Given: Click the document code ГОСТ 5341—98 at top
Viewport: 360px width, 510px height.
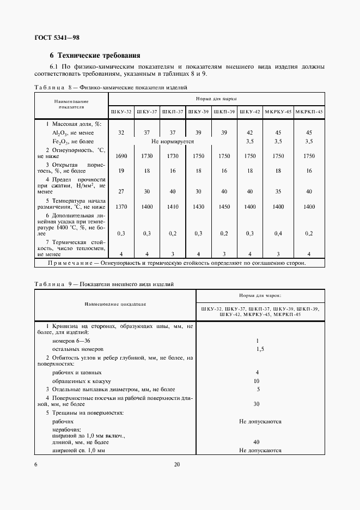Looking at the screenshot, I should (x=57, y=38).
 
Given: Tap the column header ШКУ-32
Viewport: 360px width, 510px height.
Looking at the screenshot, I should (x=121, y=112).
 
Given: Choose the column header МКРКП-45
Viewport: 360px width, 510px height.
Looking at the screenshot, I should (x=309, y=112).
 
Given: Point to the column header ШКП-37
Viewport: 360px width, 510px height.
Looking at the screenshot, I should (x=172, y=112).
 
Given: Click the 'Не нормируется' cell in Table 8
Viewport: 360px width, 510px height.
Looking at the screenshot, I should (x=173, y=141).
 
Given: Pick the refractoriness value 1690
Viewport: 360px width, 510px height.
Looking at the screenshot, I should (x=121, y=156).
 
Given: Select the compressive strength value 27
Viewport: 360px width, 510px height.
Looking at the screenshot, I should (x=121, y=191).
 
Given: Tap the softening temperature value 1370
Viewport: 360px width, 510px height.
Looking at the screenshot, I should (x=121, y=208).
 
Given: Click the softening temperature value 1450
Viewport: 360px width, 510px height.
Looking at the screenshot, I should (x=224, y=208).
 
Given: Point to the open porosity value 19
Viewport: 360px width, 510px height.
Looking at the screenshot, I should (x=121, y=171).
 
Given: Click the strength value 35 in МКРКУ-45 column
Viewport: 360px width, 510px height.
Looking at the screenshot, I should (x=278, y=191).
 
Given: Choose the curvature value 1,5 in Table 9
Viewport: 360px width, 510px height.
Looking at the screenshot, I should (x=259, y=348).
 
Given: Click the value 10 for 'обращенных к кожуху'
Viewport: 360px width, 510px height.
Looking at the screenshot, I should (x=257, y=381).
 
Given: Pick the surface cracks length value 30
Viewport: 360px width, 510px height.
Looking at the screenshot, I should (x=257, y=404).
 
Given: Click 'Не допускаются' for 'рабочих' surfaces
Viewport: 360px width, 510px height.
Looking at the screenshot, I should (x=259, y=421).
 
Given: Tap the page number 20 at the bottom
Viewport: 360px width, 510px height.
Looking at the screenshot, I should (x=176, y=465).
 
